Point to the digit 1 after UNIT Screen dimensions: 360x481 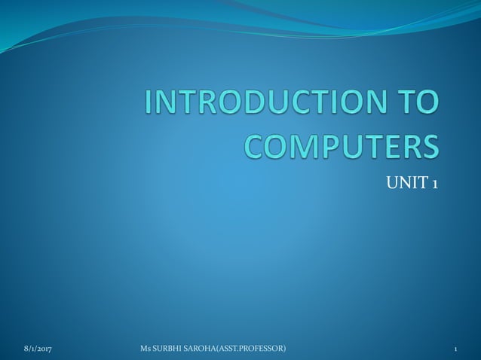[435, 183]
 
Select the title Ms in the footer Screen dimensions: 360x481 [146, 349]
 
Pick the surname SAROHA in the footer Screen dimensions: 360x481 [204, 349]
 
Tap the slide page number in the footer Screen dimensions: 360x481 [457, 349]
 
